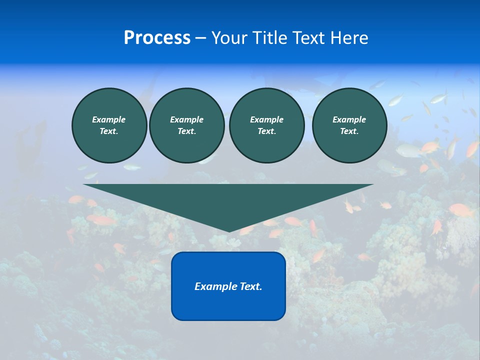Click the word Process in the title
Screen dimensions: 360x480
(157, 38)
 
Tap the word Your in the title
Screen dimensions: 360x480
(228, 38)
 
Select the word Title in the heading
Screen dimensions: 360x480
(268, 38)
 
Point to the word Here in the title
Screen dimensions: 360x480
(349, 38)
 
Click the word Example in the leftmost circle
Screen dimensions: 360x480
(109, 119)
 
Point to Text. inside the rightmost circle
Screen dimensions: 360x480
(349, 131)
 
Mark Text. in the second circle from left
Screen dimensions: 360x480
(186, 131)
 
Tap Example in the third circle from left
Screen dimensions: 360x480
(266, 119)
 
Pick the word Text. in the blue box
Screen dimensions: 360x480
(249, 286)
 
